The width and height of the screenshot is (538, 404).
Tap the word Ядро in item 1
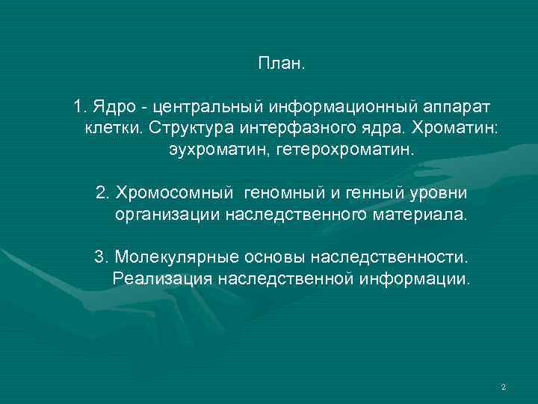pyautogui.click(x=111, y=106)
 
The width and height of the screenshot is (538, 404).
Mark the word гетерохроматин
pyautogui.click(x=333, y=150)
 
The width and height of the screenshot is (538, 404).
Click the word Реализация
pyautogui.click(x=162, y=280)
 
